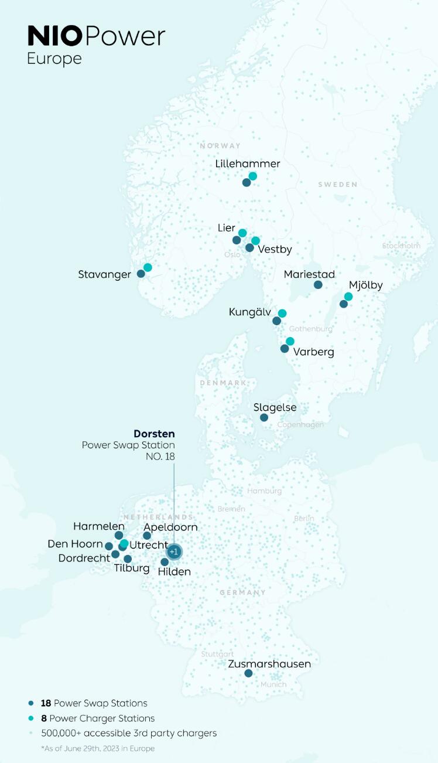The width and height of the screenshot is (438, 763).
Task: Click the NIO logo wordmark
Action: pos(55,36)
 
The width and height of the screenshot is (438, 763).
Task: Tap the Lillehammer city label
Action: pos(248,164)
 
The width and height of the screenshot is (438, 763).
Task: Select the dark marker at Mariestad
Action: pos(318,285)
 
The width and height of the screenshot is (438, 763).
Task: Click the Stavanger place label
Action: pos(104,275)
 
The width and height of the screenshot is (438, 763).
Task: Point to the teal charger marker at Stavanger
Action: pos(148,267)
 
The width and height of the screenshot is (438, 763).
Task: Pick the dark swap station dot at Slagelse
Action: pos(264,418)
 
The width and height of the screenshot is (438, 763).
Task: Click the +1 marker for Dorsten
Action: pos(173,552)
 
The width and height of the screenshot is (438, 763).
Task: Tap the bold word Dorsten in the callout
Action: pos(154,434)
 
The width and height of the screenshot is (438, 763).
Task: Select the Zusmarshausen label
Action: pos(269,664)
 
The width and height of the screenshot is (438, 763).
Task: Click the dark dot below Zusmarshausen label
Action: pos(248,673)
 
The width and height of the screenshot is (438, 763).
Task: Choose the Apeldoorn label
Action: pos(170,527)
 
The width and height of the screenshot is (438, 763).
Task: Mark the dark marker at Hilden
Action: pos(165,562)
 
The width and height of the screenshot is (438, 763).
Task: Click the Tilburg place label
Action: pos(132,568)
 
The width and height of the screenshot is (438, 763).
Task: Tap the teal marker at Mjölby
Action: pos(348,297)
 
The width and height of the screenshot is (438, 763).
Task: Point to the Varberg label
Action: pos(314,352)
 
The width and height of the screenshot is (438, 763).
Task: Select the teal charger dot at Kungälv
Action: pos(282,314)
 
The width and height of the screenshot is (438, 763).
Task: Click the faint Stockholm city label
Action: pos(401,246)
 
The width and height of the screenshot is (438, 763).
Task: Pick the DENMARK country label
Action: pos(223,383)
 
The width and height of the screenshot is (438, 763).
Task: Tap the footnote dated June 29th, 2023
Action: pos(98,748)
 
